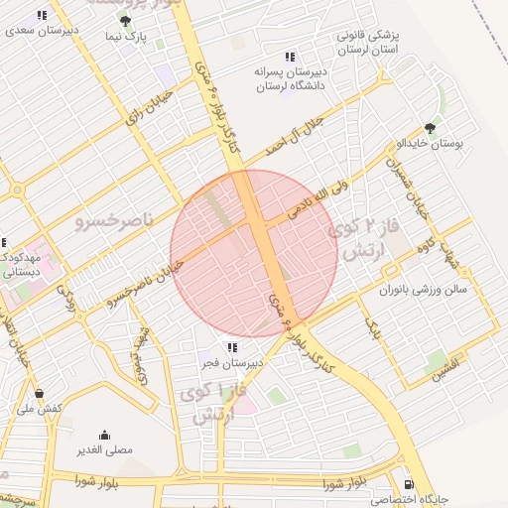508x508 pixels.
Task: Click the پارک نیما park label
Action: click(126, 37)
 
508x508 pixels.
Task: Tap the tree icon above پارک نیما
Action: click(124, 21)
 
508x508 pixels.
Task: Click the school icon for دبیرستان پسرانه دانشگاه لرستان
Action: click(289, 57)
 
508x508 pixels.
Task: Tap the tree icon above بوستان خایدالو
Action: click(429, 128)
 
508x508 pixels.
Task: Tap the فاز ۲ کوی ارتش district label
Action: click(369, 239)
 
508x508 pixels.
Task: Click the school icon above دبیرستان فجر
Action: click(231, 347)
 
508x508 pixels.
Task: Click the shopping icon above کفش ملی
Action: click(39, 393)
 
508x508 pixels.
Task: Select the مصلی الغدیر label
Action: click(105, 449)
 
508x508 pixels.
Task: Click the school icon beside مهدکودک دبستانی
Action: click(3, 242)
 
